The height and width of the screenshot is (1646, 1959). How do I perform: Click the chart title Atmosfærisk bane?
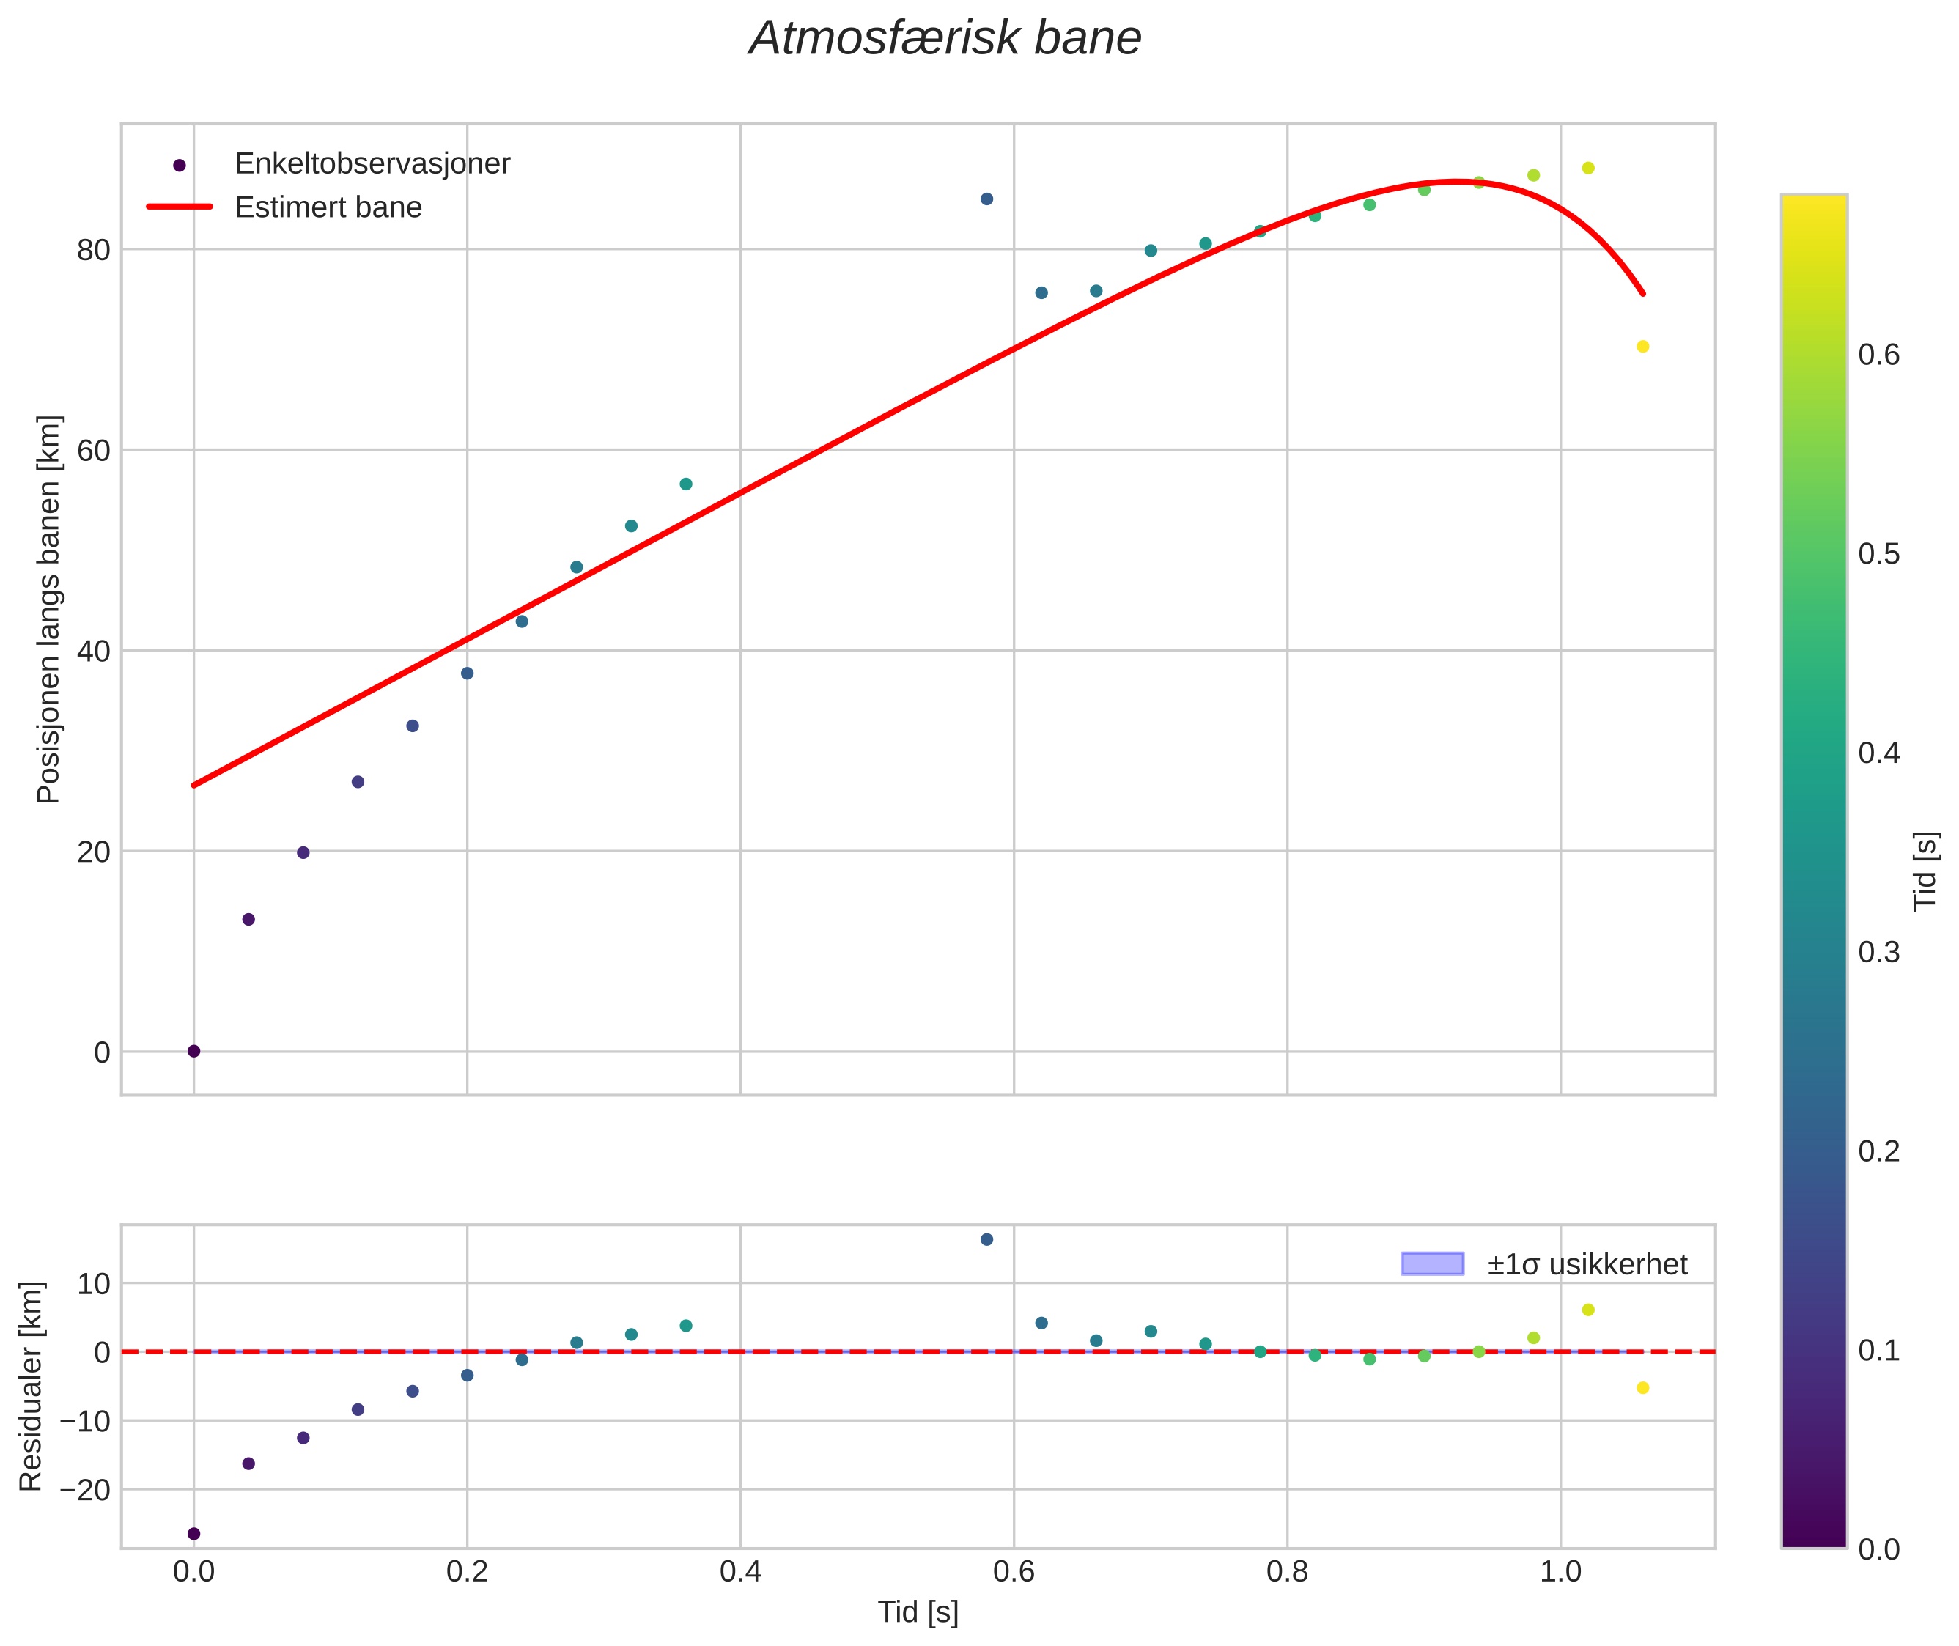(x=945, y=39)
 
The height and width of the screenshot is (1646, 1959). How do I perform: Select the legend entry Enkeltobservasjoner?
(x=372, y=163)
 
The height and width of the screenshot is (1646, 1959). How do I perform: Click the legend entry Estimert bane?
(x=328, y=207)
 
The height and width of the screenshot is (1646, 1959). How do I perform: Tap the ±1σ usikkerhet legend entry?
(x=1587, y=1264)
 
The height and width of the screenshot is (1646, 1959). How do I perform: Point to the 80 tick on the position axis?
(x=93, y=250)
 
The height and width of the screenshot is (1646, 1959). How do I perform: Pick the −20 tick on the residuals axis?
(x=85, y=1490)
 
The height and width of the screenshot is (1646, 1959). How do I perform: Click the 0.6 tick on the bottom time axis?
(x=1014, y=1571)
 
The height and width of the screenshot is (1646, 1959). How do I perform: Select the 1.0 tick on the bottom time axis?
(x=1560, y=1571)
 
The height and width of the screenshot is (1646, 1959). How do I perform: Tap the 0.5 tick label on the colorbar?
(x=1878, y=553)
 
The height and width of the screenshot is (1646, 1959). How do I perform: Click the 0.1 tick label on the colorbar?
(x=1878, y=1350)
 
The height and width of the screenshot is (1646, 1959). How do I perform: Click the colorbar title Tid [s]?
(x=1926, y=871)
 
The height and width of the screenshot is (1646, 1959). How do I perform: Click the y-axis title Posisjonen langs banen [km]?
(x=48, y=609)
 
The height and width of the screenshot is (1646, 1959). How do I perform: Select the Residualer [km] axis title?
(x=31, y=1387)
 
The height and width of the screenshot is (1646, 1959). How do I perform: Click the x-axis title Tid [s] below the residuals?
(x=918, y=1612)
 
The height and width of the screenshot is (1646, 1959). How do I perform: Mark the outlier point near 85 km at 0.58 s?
(x=986, y=199)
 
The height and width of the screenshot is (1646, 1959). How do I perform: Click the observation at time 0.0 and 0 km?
(x=194, y=1051)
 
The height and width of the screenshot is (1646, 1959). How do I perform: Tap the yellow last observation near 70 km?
(x=1642, y=346)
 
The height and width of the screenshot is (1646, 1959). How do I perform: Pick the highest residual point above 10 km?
(x=986, y=1239)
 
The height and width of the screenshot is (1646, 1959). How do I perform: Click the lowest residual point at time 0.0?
(x=194, y=1533)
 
